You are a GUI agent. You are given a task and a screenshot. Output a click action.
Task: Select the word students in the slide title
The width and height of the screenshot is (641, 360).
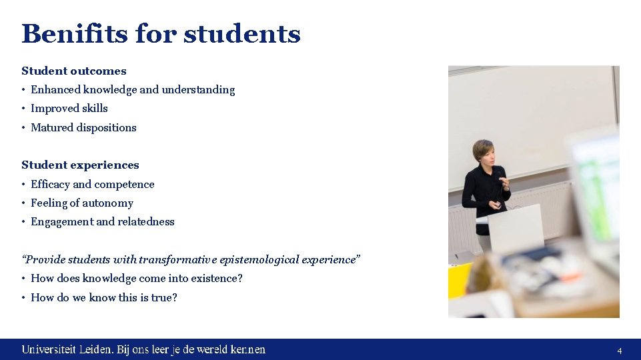coord(241,33)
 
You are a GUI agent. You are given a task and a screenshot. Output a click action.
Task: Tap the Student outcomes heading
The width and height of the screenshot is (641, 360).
coord(73,71)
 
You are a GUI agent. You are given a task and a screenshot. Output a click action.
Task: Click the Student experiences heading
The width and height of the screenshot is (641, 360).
coord(80,165)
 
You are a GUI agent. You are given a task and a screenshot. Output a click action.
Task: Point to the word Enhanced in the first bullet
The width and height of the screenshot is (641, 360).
coord(55,89)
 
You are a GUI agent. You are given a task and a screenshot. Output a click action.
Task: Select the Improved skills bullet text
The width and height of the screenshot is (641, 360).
coord(69,108)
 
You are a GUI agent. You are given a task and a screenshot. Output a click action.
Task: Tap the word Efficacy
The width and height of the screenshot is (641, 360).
coord(50,184)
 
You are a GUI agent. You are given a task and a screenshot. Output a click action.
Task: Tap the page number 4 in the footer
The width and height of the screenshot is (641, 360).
coord(619,351)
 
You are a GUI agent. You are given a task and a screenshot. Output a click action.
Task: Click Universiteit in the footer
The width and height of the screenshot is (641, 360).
coord(49,349)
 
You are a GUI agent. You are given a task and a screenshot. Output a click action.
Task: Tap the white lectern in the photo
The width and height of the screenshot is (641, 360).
coord(517,227)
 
